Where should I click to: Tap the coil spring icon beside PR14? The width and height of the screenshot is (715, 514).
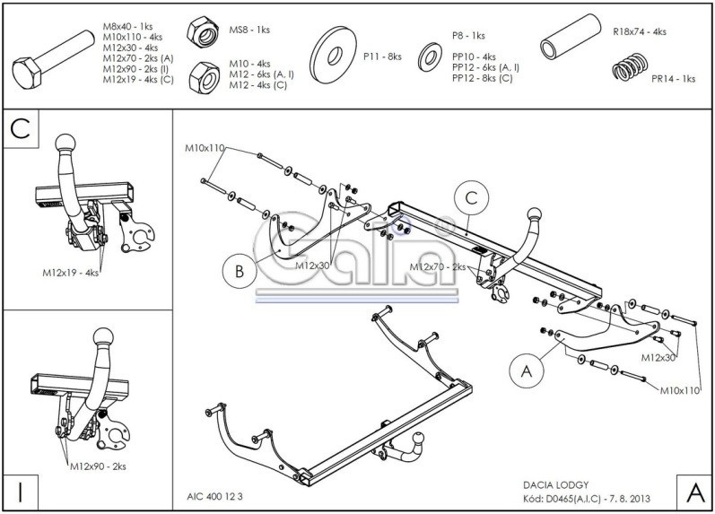630,70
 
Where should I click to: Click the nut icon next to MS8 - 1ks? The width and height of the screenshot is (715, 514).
205,34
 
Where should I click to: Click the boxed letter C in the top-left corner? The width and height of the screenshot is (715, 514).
21,127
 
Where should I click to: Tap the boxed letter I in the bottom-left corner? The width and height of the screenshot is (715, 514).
20,491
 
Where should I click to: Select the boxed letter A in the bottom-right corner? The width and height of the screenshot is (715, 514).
693,492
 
